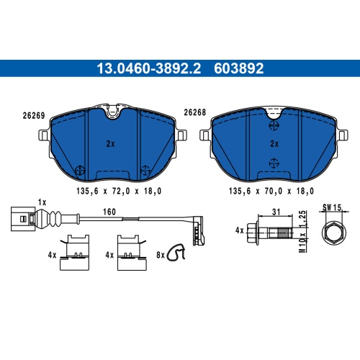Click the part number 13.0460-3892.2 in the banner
pos(148,68)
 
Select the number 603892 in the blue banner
pos(239,68)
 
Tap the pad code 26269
pos(34,116)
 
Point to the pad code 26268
pos(195,112)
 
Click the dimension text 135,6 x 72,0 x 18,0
pos(119,191)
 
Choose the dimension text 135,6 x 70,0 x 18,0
pos(271,191)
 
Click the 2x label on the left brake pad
pos(111,144)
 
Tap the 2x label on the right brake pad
pos(274,144)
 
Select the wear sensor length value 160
pos(109,212)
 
